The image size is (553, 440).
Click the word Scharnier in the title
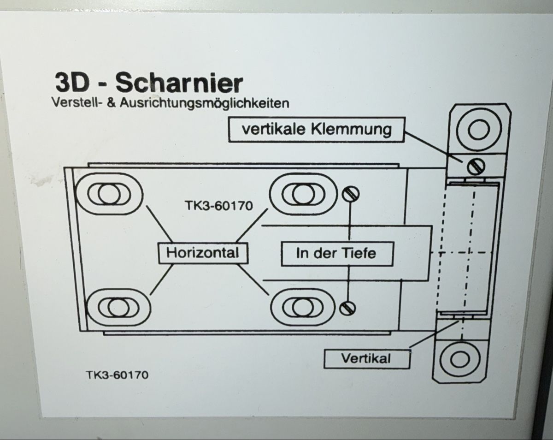click(x=179, y=83)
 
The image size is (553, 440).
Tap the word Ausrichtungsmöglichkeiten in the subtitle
click(x=205, y=103)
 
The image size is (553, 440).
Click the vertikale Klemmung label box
click(x=317, y=130)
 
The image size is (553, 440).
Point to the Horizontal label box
click(x=203, y=253)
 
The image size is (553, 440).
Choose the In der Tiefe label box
click(x=337, y=254)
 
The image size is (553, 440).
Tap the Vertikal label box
click(x=367, y=358)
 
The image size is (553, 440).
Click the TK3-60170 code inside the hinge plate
click(x=219, y=206)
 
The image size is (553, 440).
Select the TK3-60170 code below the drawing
click(x=117, y=375)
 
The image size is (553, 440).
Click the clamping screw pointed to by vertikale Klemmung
click(x=476, y=166)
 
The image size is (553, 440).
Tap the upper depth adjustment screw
click(x=351, y=194)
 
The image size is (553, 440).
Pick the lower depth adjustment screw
click(x=347, y=308)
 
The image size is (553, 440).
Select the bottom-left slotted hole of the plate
click(x=118, y=308)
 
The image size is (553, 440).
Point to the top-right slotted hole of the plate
click(x=303, y=194)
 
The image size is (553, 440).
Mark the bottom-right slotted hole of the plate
click(x=303, y=308)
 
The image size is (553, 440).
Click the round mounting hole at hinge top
click(x=478, y=129)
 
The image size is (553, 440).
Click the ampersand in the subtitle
click(x=111, y=103)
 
